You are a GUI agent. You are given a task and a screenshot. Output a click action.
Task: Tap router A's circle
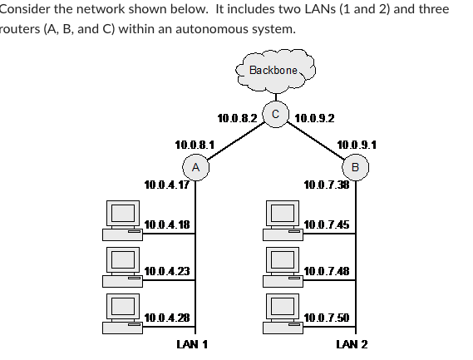coord(195,167)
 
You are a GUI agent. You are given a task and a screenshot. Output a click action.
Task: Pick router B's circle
coord(356,167)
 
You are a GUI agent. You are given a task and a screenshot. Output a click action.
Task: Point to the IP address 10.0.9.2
coord(315,118)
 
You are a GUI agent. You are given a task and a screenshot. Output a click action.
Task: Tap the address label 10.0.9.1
coord(357,145)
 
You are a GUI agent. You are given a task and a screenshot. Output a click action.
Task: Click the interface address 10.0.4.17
coord(166,185)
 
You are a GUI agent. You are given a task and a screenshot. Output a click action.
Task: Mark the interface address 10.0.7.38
coord(327,185)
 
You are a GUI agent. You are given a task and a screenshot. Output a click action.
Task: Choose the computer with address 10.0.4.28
coord(122,313)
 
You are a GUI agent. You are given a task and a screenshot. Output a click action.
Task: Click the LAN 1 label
coord(193,344)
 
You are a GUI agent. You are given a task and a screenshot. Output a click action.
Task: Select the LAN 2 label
coord(352,344)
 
